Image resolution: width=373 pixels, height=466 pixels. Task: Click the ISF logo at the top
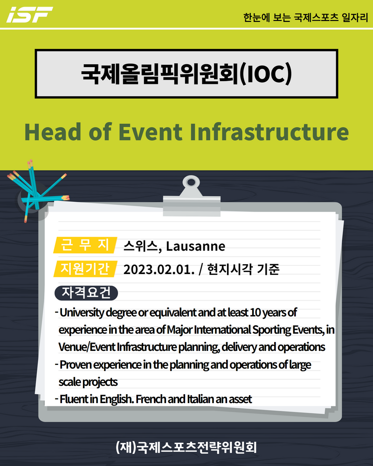point(30,14)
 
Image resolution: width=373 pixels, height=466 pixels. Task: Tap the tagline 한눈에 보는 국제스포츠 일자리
point(305,18)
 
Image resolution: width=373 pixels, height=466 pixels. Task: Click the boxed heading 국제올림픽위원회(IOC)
point(186,74)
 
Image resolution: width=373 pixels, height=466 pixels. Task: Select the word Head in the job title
point(53,132)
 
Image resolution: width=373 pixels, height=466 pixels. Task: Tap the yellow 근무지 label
point(85,245)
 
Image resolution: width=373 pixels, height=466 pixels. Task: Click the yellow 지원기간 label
point(85,269)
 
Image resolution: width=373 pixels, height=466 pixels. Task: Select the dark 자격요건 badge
point(86,293)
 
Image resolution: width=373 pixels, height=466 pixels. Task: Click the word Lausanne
point(195,246)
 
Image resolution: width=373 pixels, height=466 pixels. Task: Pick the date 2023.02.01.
point(159,270)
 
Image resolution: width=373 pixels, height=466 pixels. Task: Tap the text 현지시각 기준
point(243,269)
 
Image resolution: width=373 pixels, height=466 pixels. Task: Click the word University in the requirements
point(82,313)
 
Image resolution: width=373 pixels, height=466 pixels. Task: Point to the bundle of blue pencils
point(37,190)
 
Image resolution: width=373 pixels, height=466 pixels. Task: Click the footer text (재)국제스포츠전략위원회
point(186,447)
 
